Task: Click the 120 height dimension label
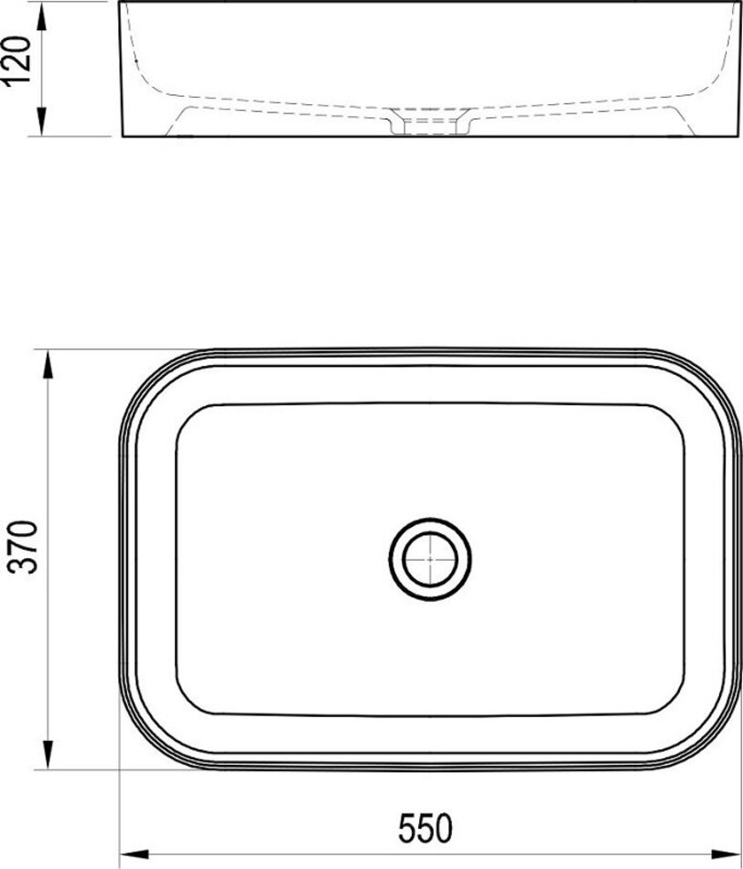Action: coord(16,61)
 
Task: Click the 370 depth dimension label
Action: coord(26,546)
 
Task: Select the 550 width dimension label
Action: coord(425,828)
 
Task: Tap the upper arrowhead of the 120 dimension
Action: coord(41,16)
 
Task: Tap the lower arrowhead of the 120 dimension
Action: coord(41,122)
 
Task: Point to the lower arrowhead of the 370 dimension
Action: coord(48,755)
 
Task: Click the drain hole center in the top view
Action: coord(430,559)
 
